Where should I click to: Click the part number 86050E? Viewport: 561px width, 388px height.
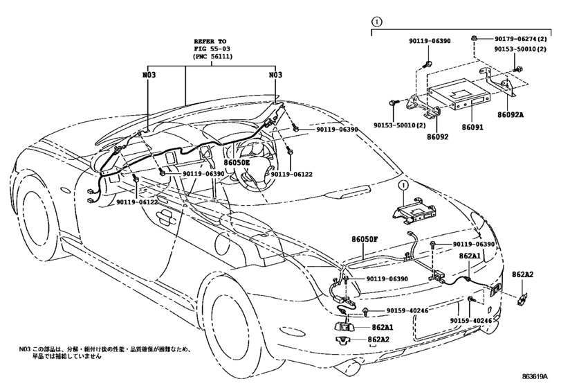coord(237,163)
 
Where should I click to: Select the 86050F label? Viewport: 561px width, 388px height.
coord(365,239)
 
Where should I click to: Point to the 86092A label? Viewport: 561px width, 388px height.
coord(511,115)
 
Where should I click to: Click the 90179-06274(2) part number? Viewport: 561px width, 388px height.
coord(521,39)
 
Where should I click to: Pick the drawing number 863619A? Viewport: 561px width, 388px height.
coord(535,376)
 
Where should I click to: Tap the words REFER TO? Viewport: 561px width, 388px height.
coord(210,41)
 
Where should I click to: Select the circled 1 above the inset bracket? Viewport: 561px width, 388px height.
coord(377,22)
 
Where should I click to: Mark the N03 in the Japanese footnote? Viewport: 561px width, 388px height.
coord(24,349)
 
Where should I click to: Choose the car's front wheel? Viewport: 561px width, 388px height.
coord(35,215)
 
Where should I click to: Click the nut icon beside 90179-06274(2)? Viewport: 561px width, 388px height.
coord(473,38)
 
